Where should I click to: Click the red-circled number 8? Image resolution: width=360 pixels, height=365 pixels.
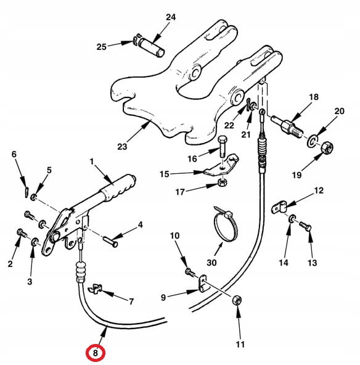[x=96, y=353]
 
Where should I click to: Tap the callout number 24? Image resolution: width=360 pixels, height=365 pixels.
[x=171, y=17]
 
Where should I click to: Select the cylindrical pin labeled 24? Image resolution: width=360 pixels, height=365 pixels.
[x=151, y=47]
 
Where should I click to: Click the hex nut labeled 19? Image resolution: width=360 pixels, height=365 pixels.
[x=327, y=147]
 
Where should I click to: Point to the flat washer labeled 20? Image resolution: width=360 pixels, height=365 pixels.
[x=313, y=141]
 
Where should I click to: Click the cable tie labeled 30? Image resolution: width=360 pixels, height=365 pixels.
[x=225, y=224]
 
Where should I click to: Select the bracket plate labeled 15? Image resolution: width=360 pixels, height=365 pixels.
[x=221, y=165]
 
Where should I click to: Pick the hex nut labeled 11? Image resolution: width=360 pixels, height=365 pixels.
[x=237, y=300]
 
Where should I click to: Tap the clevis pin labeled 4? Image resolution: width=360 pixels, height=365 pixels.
[x=110, y=242]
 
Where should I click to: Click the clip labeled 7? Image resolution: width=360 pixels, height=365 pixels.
[x=96, y=289]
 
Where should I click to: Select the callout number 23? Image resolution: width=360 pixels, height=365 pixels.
[x=122, y=147]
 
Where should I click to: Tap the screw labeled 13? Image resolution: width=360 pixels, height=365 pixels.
[x=305, y=226]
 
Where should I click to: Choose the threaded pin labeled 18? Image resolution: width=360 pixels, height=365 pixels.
[x=287, y=126]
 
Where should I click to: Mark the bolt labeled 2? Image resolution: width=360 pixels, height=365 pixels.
[x=22, y=233]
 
